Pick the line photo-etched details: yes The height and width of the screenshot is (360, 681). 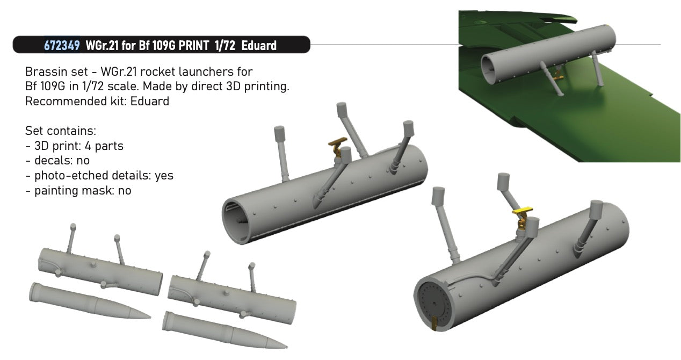click(99, 175)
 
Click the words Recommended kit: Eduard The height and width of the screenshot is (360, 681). click(97, 101)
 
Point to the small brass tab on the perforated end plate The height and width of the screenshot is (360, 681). click(436, 323)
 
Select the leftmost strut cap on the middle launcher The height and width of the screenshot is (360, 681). click(279, 132)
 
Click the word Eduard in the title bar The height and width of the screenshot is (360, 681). click(259, 45)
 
